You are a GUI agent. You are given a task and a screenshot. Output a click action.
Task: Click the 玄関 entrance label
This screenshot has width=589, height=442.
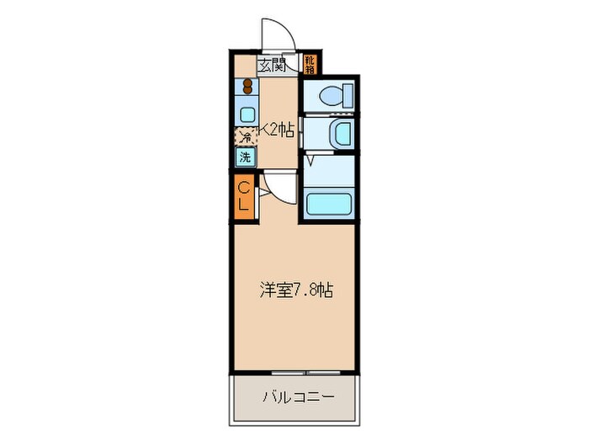point(271,64)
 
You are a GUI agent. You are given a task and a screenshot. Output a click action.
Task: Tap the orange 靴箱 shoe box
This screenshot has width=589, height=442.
point(310,63)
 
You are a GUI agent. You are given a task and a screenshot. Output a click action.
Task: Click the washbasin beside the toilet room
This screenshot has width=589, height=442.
point(342,133)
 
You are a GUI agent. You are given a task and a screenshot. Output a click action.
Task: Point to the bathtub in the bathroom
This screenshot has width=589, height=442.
point(331,204)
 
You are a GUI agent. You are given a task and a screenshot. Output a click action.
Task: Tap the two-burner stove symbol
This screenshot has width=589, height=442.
point(247,86)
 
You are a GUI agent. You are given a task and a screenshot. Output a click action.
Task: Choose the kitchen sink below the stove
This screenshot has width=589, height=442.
point(247,113)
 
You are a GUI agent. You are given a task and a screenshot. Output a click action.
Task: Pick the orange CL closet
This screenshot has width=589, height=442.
point(243,195)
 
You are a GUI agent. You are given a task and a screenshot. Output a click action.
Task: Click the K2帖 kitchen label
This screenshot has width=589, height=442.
point(277,130)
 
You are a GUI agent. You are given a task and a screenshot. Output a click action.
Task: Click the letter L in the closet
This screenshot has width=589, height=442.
point(243,204)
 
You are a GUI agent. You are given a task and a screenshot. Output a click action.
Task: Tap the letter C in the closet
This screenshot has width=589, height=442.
point(243,187)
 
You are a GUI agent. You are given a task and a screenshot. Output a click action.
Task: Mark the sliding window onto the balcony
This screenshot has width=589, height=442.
point(295,371)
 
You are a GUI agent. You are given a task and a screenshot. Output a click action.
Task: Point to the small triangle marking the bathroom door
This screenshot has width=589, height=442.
point(310,157)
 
